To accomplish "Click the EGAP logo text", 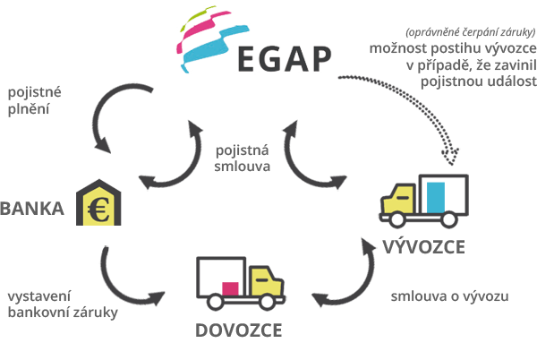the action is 285,59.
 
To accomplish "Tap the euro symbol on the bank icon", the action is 98,210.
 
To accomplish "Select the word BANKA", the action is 32,209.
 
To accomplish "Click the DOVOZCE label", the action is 239,330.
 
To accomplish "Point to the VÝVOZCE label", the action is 424,246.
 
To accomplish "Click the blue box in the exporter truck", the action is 436,198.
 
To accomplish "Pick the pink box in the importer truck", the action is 230,288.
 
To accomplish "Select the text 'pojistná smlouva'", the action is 243,159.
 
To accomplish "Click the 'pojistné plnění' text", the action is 34,100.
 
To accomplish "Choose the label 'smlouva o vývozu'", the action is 449,296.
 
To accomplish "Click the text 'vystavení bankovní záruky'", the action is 63,304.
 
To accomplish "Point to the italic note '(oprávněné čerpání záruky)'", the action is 471,32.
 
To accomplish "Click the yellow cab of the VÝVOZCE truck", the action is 398,201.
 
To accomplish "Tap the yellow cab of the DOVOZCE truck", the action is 267,282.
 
